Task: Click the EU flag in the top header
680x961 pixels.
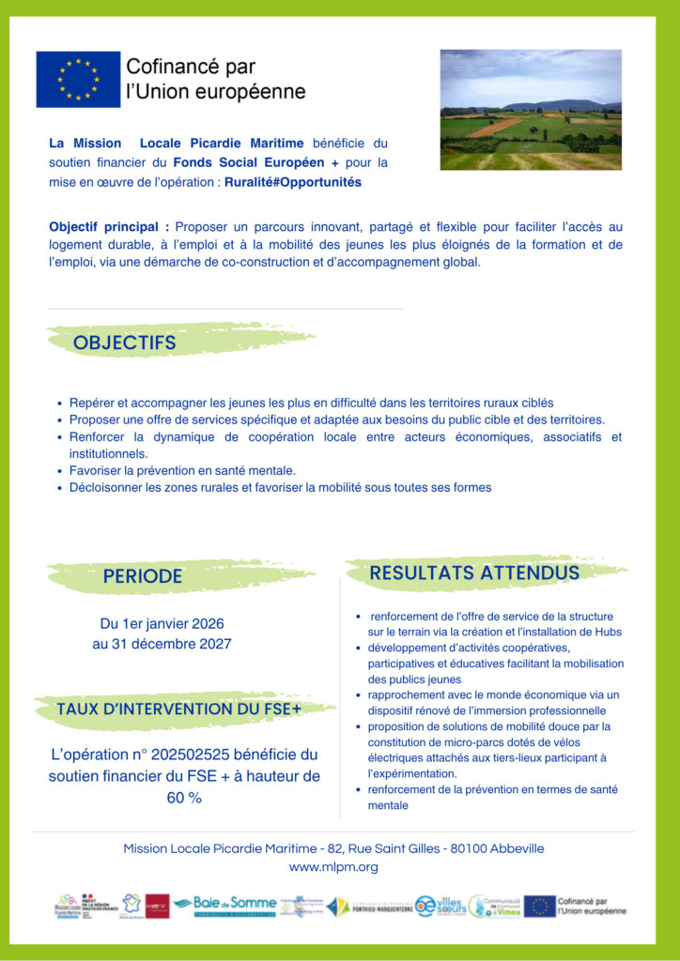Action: click(78, 80)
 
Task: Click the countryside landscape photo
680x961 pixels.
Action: click(531, 110)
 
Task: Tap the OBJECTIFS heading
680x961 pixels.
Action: click(125, 343)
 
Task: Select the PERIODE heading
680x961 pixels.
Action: click(143, 576)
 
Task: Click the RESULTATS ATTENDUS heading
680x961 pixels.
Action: click(474, 572)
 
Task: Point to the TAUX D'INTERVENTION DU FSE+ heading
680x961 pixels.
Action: click(178, 709)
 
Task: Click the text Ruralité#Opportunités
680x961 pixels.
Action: click(293, 182)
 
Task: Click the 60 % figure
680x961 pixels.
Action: click(184, 798)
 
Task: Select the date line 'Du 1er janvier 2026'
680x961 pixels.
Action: click(162, 623)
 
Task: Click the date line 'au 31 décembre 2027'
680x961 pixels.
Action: click(162, 644)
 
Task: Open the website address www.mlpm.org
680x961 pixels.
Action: click(333, 867)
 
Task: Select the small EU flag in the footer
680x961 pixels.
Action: click(539, 906)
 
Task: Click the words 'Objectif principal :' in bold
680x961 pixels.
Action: click(109, 227)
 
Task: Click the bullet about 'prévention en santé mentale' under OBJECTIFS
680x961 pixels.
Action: click(182, 470)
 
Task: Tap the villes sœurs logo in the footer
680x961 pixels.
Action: click(441, 906)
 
